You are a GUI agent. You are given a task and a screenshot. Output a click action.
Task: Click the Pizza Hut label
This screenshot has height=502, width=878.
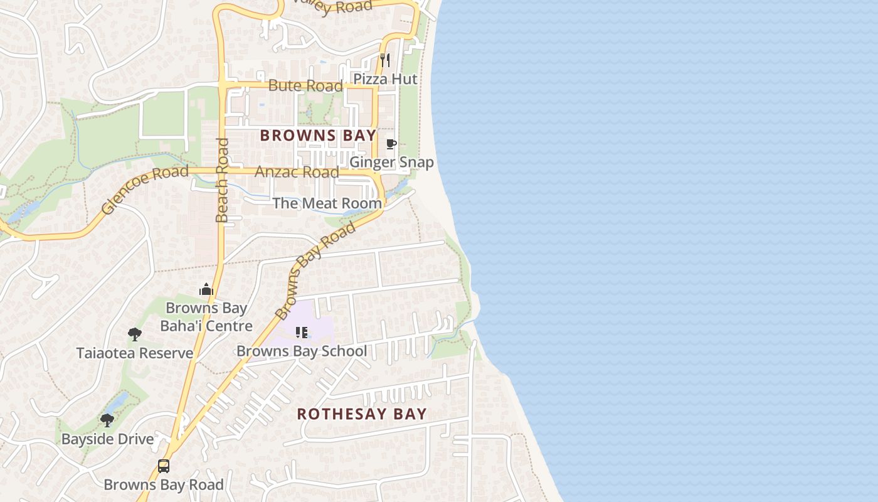click(x=385, y=79)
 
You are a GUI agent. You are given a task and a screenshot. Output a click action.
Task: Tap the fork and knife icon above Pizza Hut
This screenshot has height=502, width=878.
click(x=385, y=60)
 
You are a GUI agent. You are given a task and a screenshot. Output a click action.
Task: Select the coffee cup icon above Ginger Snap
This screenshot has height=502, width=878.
click(x=391, y=144)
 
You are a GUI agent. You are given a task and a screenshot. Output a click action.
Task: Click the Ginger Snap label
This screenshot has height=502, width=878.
click(x=391, y=163)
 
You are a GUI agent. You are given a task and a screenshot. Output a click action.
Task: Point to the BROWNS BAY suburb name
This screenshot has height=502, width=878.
click(x=318, y=136)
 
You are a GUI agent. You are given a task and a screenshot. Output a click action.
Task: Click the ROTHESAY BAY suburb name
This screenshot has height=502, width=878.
click(x=362, y=414)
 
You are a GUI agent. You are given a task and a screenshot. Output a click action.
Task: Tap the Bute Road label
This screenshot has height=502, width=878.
click(x=305, y=86)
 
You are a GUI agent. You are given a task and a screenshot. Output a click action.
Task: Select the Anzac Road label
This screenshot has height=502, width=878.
click(x=297, y=172)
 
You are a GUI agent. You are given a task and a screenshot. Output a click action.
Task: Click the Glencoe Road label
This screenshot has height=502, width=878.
click(x=145, y=190)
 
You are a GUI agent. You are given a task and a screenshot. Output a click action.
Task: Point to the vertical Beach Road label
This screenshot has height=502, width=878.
click(x=222, y=180)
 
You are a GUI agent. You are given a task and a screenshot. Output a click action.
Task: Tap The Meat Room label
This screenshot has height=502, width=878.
click(x=327, y=203)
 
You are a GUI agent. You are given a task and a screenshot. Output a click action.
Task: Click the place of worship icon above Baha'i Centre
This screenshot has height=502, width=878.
click(x=206, y=289)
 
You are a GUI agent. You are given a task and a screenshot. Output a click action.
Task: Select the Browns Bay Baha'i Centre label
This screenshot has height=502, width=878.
click(x=206, y=317)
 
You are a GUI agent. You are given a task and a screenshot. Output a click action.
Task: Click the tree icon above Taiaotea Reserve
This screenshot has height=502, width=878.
click(x=134, y=334)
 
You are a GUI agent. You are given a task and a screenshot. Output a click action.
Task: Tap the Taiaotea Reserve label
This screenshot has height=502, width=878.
click(x=135, y=353)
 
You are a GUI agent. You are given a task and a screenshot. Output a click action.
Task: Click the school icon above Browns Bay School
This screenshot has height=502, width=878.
click(x=302, y=333)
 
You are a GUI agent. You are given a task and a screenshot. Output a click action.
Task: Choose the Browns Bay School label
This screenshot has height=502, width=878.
click(x=302, y=351)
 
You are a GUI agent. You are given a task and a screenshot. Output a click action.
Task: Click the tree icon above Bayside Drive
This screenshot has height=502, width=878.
click(x=107, y=420)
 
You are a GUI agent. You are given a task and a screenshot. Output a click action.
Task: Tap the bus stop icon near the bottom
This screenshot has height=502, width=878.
click(x=164, y=466)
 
